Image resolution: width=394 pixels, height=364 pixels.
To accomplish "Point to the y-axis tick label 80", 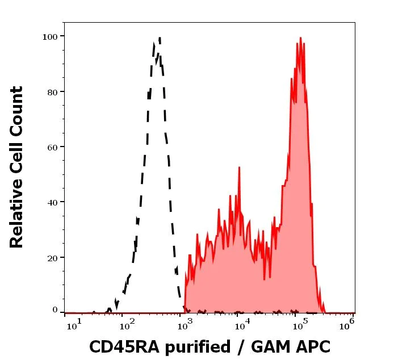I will point(52,91).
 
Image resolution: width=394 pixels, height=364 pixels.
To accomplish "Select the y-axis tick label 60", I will point(52,147).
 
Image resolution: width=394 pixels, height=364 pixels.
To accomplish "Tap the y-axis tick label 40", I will point(52,202).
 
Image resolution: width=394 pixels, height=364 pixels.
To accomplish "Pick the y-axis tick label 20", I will point(52,257).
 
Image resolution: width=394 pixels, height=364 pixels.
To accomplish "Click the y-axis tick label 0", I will point(55,310).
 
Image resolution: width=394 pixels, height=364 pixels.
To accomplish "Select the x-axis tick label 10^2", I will point(129,325).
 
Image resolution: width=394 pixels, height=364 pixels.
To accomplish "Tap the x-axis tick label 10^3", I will point(185,325).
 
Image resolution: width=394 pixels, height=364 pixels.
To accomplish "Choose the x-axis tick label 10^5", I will point(299,325).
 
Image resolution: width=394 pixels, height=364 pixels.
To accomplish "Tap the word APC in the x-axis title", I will point(312,346).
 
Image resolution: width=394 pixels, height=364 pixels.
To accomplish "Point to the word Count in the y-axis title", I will point(17,111).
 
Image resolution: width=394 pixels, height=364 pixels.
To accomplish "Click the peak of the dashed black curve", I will point(160,38).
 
